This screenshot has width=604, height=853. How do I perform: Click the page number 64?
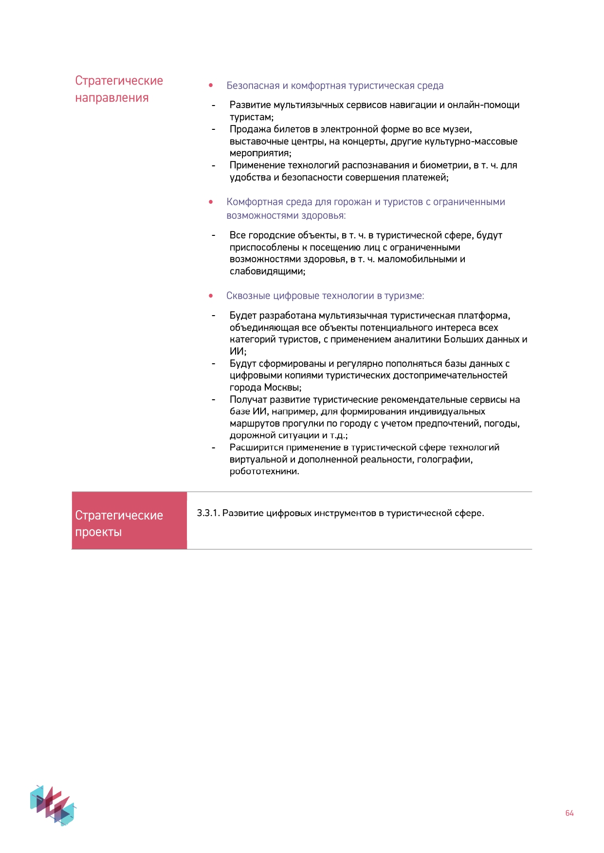[x=569, y=813]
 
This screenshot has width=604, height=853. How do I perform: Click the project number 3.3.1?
[x=208, y=513]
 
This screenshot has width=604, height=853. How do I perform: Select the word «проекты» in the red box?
[x=98, y=532]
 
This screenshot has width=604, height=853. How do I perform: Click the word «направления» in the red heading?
[x=111, y=98]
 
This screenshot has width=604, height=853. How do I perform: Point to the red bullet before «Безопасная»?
[x=211, y=86]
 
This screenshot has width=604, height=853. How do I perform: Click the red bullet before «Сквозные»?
[x=211, y=296]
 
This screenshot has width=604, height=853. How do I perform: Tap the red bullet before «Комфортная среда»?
[x=211, y=202]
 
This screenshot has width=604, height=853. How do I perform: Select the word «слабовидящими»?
[x=267, y=271]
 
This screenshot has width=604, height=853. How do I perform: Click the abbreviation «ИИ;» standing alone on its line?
[x=238, y=352]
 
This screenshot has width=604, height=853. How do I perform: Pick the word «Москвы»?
[x=282, y=388]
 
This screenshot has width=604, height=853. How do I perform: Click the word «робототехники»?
[x=264, y=471]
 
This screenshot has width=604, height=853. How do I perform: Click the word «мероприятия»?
[x=260, y=153]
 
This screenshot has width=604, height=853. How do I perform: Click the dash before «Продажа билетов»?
[x=213, y=129]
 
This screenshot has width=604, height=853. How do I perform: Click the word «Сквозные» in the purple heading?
[x=248, y=296]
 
